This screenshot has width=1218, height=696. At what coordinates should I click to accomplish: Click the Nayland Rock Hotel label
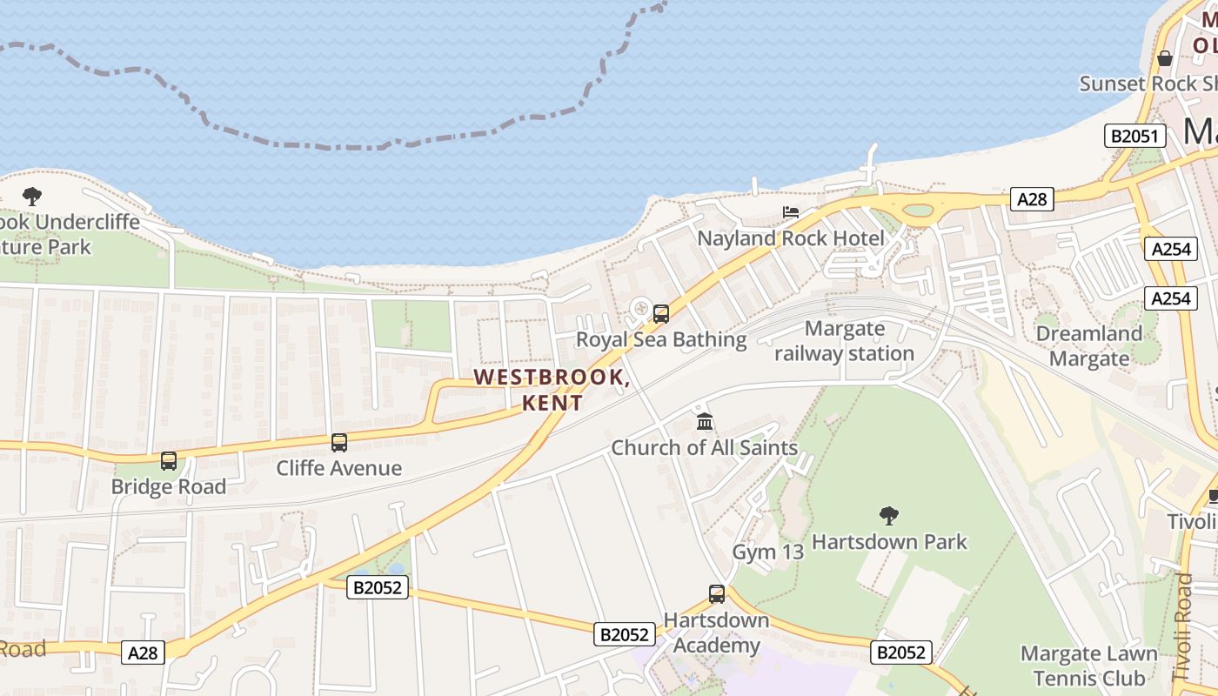click(790, 238)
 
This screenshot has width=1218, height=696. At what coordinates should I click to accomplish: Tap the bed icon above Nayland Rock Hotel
click(790, 212)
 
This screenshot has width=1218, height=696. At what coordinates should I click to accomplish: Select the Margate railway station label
click(844, 341)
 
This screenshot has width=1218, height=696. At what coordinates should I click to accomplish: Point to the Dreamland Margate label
click(1088, 346)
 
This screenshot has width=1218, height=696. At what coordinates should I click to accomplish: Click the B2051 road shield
click(1135, 136)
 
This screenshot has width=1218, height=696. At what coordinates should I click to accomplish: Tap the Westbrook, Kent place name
click(552, 390)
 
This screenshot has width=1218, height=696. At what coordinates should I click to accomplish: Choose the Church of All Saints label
click(704, 448)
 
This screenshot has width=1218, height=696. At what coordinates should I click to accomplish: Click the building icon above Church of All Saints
click(705, 423)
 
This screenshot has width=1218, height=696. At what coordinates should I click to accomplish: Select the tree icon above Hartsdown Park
click(888, 516)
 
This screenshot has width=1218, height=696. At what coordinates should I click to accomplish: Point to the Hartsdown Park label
click(889, 542)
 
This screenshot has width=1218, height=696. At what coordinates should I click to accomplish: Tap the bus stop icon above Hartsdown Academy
click(716, 594)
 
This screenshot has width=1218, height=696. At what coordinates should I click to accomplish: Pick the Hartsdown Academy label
click(716, 633)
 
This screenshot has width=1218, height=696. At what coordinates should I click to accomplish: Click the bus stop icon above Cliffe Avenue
click(339, 443)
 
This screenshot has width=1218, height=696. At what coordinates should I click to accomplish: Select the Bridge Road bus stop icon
click(169, 461)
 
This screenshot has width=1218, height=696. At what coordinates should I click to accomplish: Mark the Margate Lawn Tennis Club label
click(1088, 666)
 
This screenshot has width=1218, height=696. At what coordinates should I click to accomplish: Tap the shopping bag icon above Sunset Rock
click(1165, 58)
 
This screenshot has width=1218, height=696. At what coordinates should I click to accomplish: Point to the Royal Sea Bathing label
click(661, 339)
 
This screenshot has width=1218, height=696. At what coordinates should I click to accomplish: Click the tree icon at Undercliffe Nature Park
click(32, 196)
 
